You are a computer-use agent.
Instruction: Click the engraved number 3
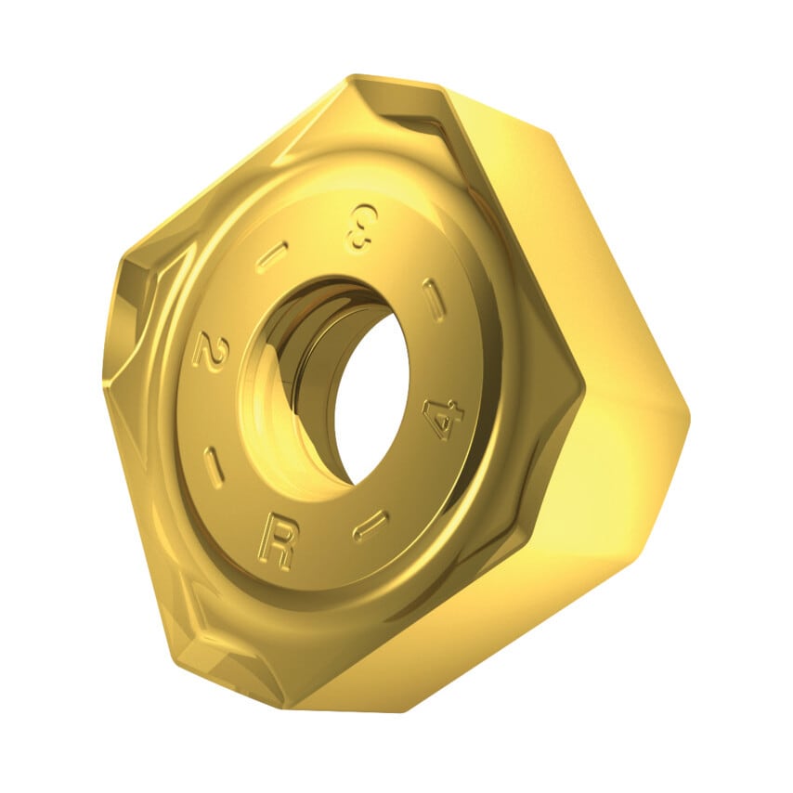pyautogui.click(x=358, y=227)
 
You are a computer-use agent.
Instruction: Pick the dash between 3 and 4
pyautogui.click(x=434, y=299)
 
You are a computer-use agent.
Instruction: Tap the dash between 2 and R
pyautogui.click(x=214, y=466)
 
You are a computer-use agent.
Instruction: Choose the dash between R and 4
pyautogui.click(x=370, y=525)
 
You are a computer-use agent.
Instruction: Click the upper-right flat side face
pyautogui.click(x=566, y=232)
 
